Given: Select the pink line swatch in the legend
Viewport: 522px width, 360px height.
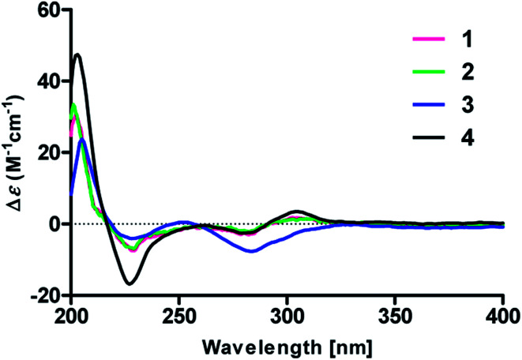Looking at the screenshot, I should (427, 38).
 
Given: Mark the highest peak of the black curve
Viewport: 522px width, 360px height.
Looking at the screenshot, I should (77, 54).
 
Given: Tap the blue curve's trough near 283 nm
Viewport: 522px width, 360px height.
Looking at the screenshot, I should (251, 251).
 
